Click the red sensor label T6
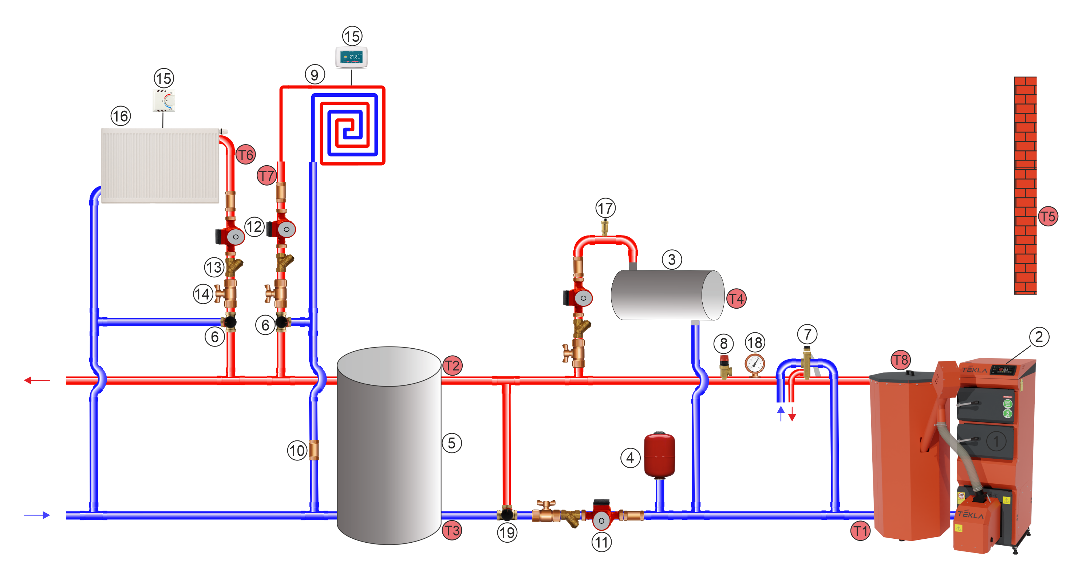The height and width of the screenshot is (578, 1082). [x=246, y=155]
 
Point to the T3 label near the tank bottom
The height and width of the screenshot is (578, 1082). [x=452, y=530]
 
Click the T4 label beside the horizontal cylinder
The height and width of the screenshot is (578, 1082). [x=736, y=299]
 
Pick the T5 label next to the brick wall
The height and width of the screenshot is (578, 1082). [x=1048, y=216]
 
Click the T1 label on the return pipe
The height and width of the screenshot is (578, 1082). [x=860, y=531]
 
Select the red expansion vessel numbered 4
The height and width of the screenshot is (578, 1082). [x=659, y=455]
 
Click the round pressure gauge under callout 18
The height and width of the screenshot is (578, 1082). [x=755, y=364]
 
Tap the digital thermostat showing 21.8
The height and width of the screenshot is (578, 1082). [x=352, y=57]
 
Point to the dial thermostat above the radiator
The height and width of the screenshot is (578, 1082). [x=164, y=101]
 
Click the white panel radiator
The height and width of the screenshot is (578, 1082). [x=160, y=166]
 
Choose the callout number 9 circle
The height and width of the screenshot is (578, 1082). [x=315, y=75]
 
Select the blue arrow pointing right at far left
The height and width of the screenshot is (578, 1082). [x=37, y=515]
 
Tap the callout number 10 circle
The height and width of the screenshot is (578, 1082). [x=297, y=451]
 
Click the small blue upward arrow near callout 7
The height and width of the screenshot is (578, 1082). [x=781, y=412]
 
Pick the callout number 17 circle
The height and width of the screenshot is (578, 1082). [x=605, y=208]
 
